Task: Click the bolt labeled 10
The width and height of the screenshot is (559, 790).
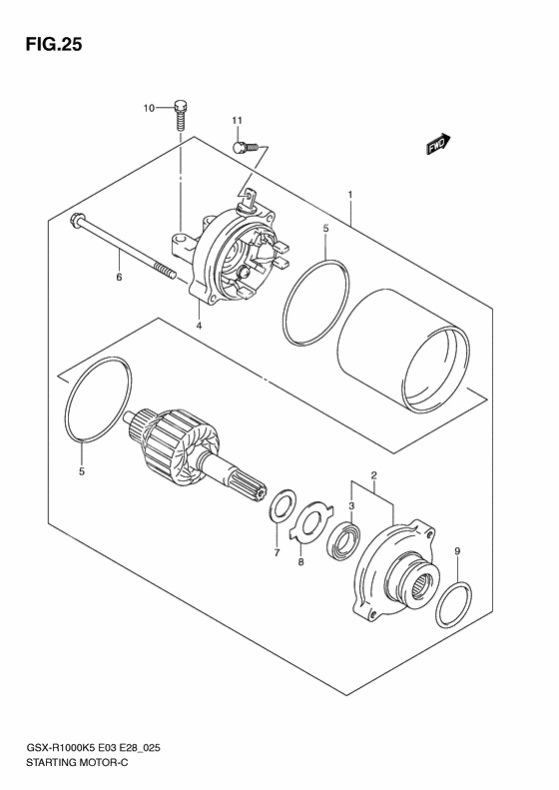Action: point(181,113)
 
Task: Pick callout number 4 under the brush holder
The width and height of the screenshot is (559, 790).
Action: point(200,326)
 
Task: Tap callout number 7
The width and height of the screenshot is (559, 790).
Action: point(277,552)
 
